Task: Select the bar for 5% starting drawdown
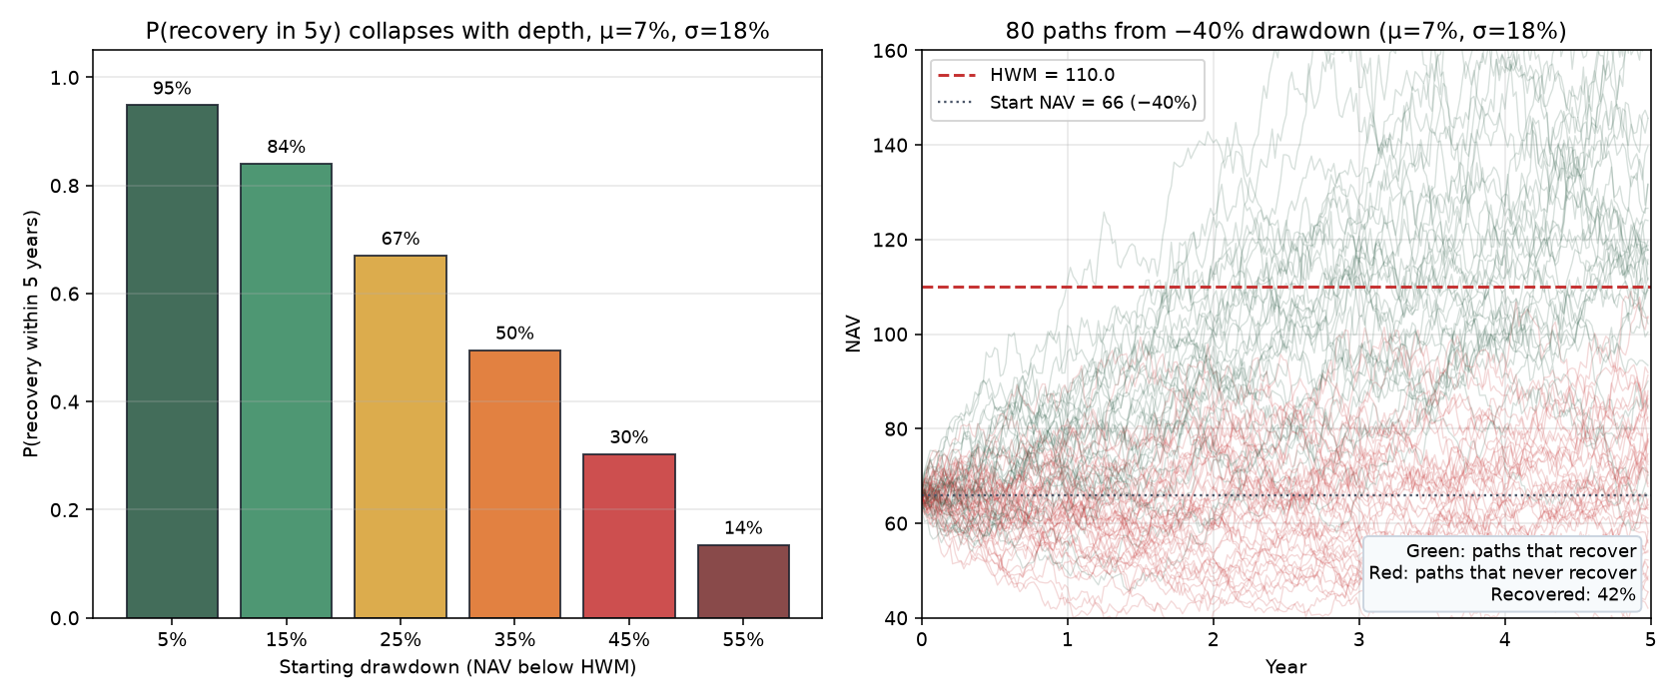[172, 361]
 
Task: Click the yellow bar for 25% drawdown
[401, 436]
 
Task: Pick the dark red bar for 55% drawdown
[743, 581]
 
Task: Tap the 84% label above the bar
[286, 147]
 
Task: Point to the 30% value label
[629, 437]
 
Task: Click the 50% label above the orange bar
[514, 334]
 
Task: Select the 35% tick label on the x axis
[514, 640]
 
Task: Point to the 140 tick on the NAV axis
[891, 146]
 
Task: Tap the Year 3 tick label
[1358, 640]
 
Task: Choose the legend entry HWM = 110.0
[1026, 75]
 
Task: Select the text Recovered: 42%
[1562, 595]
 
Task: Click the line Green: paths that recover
[1520, 551]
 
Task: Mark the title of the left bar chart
[457, 32]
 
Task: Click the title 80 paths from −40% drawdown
[1285, 32]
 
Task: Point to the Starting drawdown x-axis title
[457, 667]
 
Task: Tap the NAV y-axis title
[853, 335]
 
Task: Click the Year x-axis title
[1285, 667]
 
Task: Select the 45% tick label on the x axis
[629, 640]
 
